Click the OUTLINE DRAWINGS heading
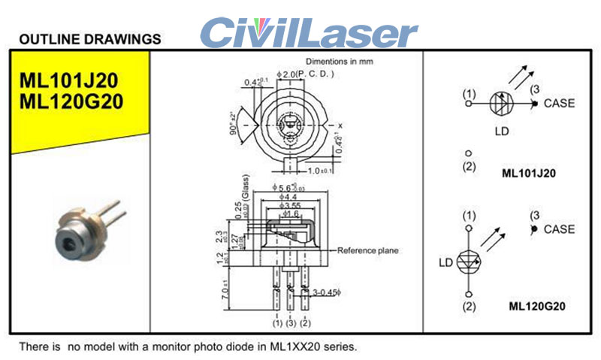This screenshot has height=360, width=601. coord(89,38)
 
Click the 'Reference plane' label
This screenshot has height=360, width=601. coord(368,250)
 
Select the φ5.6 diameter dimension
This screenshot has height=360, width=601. coord(285,188)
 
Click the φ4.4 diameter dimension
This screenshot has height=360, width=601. coord(289,197)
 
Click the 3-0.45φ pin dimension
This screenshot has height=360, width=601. coord(328,289)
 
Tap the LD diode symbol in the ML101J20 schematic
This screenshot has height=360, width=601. coord(501,104)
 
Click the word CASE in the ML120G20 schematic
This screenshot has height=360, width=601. coord(559,229)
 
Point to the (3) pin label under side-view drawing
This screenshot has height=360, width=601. coord(291,323)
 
